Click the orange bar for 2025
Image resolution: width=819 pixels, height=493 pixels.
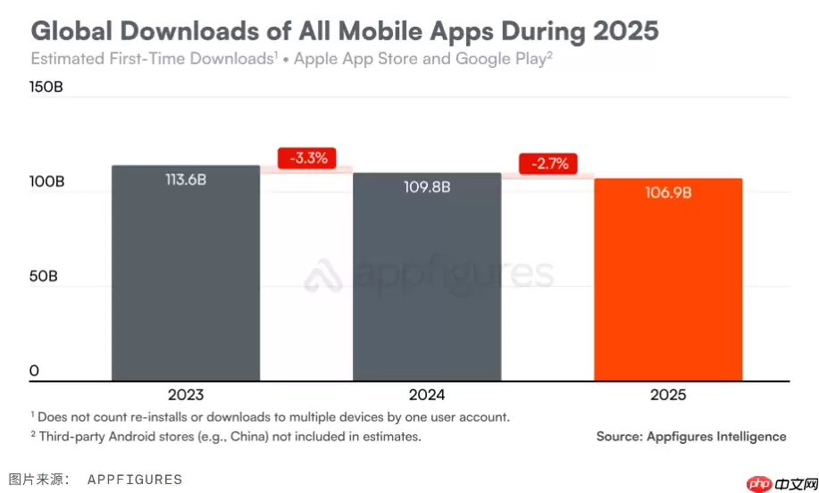click(x=667, y=286)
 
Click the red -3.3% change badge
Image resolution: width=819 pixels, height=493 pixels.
click(x=307, y=158)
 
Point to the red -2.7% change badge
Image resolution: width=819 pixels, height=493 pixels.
click(x=548, y=164)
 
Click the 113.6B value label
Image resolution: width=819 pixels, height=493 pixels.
click(x=185, y=180)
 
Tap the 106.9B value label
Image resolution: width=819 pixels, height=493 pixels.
click(x=667, y=192)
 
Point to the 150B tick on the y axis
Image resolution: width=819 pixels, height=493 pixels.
click(x=47, y=88)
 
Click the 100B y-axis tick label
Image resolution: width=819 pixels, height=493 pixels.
click(x=47, y=181)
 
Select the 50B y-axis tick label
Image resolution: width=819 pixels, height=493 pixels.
click(x=44, y=276)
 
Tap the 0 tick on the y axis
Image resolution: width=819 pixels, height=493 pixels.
click(x=34, y=371)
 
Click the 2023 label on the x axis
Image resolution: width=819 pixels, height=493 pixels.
click(x=185, y=395)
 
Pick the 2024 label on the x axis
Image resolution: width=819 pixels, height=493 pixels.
click(x=426, y=395)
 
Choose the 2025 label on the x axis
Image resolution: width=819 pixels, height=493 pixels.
click(x=667, y=395)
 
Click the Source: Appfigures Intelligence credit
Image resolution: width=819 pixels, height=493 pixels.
click(x=690, y=437)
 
